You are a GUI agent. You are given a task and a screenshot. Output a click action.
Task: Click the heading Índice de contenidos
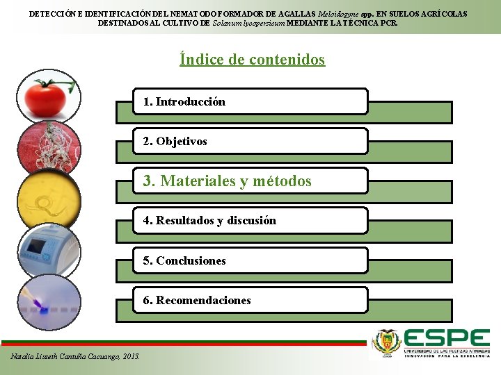[252, 60]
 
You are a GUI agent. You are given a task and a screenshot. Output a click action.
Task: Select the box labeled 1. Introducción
[250, 101]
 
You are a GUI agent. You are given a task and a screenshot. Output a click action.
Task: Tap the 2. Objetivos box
[250, 142]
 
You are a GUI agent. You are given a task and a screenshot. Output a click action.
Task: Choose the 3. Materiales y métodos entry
[250, 181]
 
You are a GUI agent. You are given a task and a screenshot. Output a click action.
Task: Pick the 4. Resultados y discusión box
[250, 221]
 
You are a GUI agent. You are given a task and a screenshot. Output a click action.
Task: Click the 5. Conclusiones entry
[250, 261]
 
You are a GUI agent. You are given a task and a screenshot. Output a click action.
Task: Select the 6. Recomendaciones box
[250, 301]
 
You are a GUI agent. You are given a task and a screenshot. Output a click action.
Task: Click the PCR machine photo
[49, 251]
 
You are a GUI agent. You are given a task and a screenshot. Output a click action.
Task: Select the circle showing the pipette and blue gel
[49, 303]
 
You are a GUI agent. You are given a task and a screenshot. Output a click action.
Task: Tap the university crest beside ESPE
[387, 342]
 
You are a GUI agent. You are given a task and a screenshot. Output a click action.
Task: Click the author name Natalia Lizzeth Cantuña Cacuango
[65, 356]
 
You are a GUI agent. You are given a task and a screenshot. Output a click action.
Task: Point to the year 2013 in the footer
[130, 356]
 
